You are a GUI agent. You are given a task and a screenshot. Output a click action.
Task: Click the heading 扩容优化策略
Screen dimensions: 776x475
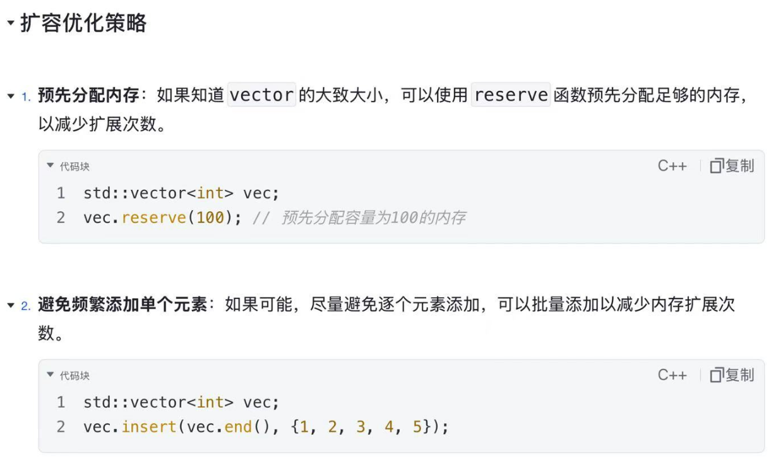pyautogui.click(x=83, y=23)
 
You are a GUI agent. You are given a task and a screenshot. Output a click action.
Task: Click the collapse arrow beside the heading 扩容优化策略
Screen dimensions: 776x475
pyautogui.click(x=11, y=23)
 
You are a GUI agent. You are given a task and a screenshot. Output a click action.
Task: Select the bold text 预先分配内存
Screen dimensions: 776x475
pyautogui.click(x=88, y=95)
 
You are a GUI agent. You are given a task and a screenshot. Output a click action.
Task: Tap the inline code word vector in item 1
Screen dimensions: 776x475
pyautogui.click(x=261, y=95)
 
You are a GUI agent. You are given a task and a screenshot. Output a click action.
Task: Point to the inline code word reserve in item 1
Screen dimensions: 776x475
pyautogui.click(x=511, y=95)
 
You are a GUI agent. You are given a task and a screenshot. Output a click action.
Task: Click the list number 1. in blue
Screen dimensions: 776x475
pyautogui.click(x=26, y=97)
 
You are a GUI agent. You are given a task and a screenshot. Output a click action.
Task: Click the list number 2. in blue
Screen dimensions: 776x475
pyautogui.click(x=26, y=306)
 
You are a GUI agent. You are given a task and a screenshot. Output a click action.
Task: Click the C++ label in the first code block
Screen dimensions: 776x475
pyautogui.click(x=672, y=166)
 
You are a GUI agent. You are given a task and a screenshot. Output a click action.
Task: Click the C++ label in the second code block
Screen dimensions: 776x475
pyautogui.click(x=672, y=375)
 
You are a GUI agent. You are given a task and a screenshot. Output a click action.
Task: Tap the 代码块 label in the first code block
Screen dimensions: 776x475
pyautogui.click(x=75, y=167)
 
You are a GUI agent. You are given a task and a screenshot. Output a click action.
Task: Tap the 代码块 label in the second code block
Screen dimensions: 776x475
pyautogui.click(x=75, y=375)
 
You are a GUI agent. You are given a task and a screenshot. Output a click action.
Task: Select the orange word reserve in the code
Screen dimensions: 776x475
pyautogui.click(x=154, y=218)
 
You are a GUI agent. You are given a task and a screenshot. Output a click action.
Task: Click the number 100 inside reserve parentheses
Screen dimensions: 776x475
pyautogui.click(x=210, y=218)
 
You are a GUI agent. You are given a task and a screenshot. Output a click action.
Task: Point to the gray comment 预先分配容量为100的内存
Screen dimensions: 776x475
pyautogui.click(x=373, y=218)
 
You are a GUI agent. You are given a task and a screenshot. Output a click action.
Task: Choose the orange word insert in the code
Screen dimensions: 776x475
pyautogui.click(x=149, y=426)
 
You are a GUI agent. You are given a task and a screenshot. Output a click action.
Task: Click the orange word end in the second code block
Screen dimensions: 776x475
pyautogui.click(x=238, y=427)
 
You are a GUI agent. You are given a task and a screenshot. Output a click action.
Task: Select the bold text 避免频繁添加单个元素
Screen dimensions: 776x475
pyautogui.click(x=122, y=305)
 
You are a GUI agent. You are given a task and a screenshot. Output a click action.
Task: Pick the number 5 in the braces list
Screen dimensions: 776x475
pyautogui.click(x=417, y=426)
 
